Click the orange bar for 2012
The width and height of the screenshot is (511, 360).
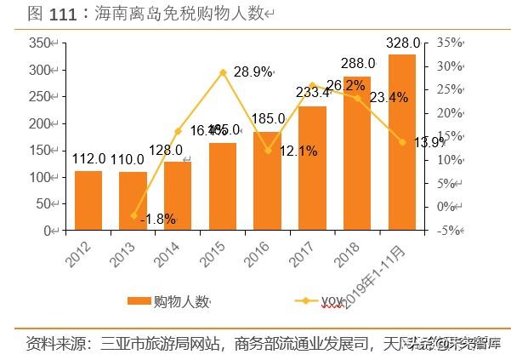(x=88, y=201)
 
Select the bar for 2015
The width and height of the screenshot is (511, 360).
(x=223, y=186)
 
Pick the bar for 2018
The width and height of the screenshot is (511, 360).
(x=357, y=153)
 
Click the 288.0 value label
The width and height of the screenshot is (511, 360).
(x=358, y=63)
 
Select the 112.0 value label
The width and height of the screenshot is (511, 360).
(x=88, y=158)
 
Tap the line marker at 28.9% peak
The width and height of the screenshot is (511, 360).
(x=223, y=72)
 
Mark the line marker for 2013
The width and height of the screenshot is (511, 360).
(x=133, y=215)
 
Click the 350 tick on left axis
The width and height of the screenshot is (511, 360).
(x=39, y=43)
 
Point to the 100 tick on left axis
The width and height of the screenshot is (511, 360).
(x=39, y=177)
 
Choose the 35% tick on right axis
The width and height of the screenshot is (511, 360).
(x=451, y=43)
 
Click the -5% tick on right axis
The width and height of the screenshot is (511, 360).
(x=451, y=230)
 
